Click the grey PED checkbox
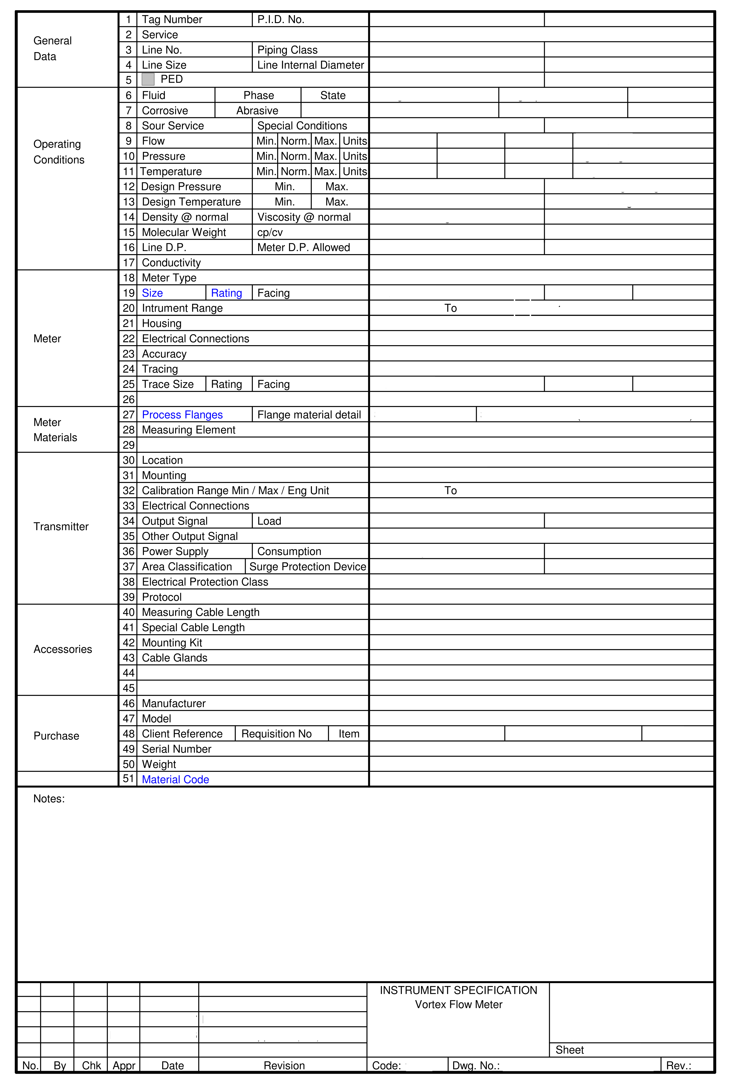tap(148, 79)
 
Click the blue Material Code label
tap(175, 779)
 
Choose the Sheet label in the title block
tap(569, 1050)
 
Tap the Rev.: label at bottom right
tap(678, 1065)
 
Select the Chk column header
tap(91, 1065)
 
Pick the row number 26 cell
tap(129, 399)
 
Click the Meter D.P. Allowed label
tap(303, 248)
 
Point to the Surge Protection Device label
tap(308, 567)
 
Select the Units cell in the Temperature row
tap(355, 171)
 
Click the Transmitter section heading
tap(61, 527)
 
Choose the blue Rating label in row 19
tap(226, 293)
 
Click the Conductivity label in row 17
tap(171, 263)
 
